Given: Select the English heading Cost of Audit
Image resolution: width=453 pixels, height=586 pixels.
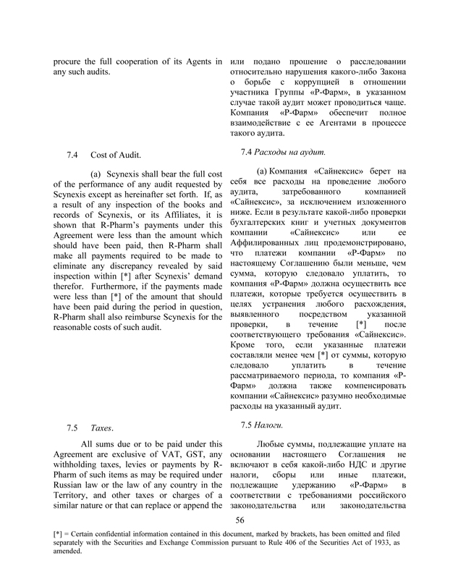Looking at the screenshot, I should (x=116, y=156).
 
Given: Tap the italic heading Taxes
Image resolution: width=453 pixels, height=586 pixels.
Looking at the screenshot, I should (x=101, y=428).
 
